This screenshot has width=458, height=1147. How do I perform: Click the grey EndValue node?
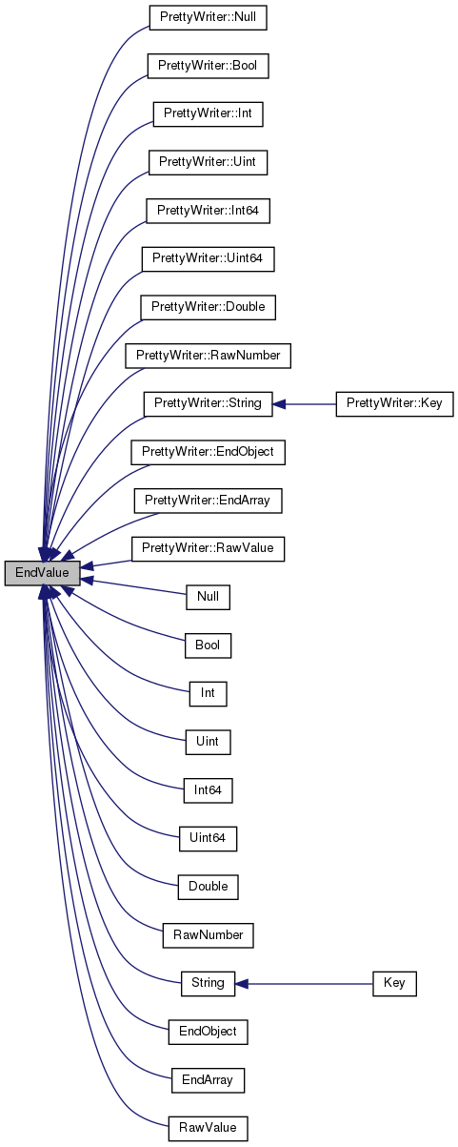coord(43,573)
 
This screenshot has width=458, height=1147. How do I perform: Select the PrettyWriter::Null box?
coord(208,17)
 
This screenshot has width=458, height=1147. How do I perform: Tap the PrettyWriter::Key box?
coord(394,404)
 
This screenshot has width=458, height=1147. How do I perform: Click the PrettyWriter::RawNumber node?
coord(208,356)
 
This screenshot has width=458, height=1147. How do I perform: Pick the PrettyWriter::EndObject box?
coord(208,452)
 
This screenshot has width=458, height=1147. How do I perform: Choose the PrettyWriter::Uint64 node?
coord(208,258)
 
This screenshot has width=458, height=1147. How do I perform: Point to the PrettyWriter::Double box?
coord(208,307)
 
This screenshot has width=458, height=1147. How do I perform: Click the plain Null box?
coord(208,597)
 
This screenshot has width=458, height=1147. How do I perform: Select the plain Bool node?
coord(208,645)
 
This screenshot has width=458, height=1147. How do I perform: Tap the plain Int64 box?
coord(208,790)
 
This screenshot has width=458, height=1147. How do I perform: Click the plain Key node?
coord(394,984)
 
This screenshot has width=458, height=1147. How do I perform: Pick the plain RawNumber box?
coord(208,935)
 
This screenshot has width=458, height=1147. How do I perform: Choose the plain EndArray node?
coord(208,1080)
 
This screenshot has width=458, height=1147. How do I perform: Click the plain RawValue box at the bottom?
coord(208,1128)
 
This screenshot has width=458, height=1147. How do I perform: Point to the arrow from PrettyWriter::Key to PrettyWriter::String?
coord(304,404)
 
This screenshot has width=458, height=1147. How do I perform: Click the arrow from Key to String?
coord(304,984)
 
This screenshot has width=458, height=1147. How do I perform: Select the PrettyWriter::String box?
coord(208,404)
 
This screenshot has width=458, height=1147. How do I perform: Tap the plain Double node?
coord(208,887)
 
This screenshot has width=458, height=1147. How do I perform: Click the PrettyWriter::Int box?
coord(208,113)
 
